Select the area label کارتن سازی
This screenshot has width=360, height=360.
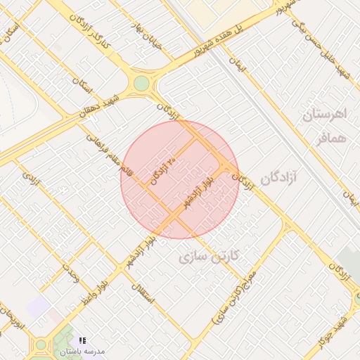click(x=209, y=256)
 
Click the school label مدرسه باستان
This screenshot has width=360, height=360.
click(x=82, y=349)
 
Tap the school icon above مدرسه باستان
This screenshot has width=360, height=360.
click(x=82, y=339)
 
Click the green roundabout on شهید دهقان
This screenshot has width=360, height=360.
click(x=142, y=84)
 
